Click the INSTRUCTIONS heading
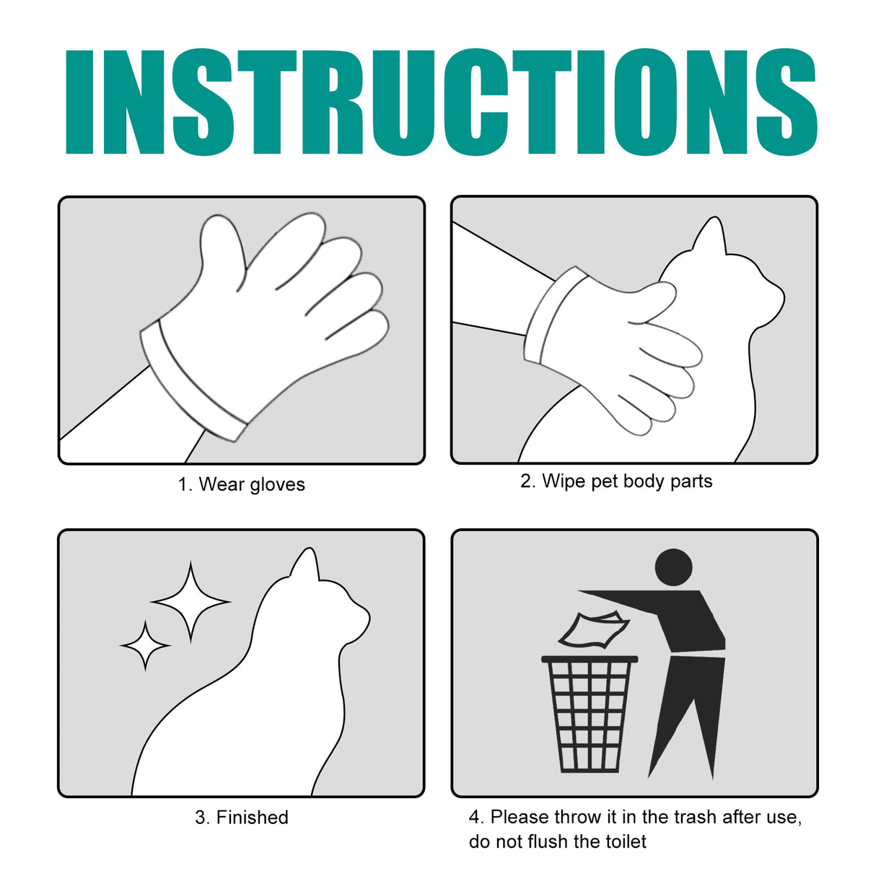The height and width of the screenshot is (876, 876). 440,102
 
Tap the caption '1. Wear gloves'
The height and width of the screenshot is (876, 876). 241,484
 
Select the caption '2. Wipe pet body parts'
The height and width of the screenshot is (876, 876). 616,481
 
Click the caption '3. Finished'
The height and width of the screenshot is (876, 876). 241,818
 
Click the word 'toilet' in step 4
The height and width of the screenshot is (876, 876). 625,841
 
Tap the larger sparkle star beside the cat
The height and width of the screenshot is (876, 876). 190,601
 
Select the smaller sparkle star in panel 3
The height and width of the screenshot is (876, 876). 145,646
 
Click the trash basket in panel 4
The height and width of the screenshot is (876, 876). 590,714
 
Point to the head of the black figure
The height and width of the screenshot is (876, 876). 674,567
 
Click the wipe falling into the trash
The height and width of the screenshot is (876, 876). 593,630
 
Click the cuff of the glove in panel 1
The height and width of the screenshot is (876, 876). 191,382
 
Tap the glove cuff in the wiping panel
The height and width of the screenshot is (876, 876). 556,317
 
